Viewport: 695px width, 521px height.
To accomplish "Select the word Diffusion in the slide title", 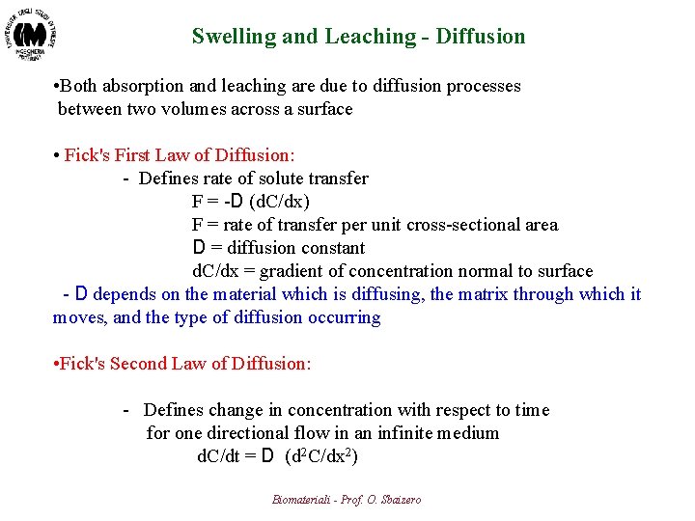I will click(481, 37).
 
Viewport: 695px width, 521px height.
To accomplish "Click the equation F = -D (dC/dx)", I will click(251, 202).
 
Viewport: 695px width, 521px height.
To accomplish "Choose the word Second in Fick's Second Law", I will click(139, 364).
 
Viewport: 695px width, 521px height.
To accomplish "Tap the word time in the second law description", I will click(532, 410).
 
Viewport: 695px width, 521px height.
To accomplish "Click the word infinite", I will click(396, 433).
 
